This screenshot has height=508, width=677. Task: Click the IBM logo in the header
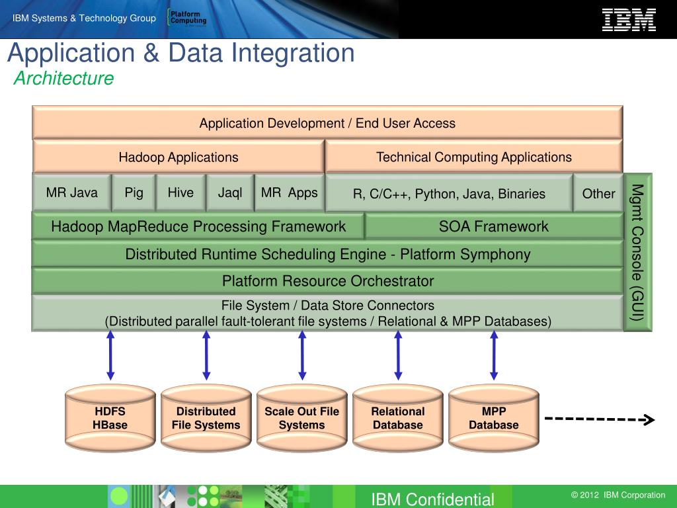coord(628,19)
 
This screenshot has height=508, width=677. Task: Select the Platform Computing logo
coord(187,18)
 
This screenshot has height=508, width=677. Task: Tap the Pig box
coord(134,193)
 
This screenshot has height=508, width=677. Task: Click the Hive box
coord(180,193)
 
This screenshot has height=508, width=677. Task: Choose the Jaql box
coord(230,193)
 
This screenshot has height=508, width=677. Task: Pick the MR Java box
coord(71,193)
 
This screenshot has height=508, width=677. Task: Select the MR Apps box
coord(290,193)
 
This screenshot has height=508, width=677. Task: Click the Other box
coord(598,194)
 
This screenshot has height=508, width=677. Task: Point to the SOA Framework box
coord(493,227)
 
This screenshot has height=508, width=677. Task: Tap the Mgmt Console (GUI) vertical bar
coord(637,252)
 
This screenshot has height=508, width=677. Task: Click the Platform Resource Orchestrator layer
coord(328,281)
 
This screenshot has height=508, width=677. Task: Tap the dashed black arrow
coord(599,419)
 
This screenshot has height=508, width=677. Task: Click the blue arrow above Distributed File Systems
coord(206,355)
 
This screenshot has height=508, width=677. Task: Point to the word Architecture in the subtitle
coord(63,79)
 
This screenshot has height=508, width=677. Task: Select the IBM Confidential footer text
coord(432,499)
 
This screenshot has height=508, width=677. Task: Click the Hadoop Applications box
coord(179,157)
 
